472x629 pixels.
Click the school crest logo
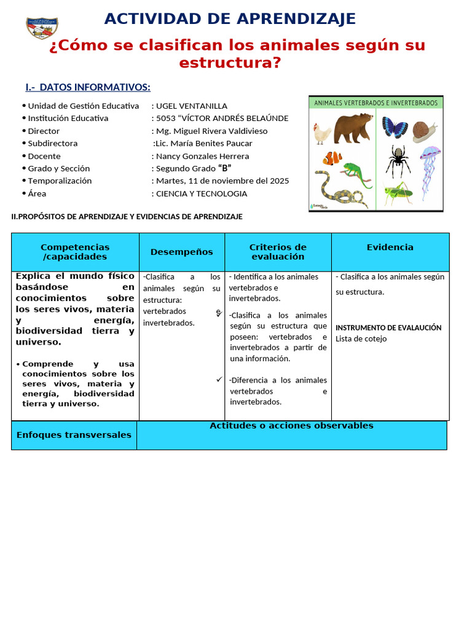click(x=42, y=28)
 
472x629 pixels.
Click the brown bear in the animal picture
click(x=353, y=127)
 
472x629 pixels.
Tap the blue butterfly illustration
click(x=395, y=127)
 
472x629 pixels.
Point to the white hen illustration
click(x=322, y=133)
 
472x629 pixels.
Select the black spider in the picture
click(x=397, y=160)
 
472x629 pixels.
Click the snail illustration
click(x=425, y=131)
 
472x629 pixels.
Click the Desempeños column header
click(x=182, y=252)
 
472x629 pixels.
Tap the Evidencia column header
click(x=390, y=247)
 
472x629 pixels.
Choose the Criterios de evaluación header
click(x=278, y=252)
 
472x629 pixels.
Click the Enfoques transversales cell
click(x=74, y=435)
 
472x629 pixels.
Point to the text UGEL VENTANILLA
click(x=192, y=106)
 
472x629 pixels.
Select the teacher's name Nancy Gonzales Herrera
click(x=203, y=156)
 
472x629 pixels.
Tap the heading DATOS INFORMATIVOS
click(x=88, y=87)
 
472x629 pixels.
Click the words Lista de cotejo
click(x=361, y=338)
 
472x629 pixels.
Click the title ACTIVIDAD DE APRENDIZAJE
click(x=230, y=19)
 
